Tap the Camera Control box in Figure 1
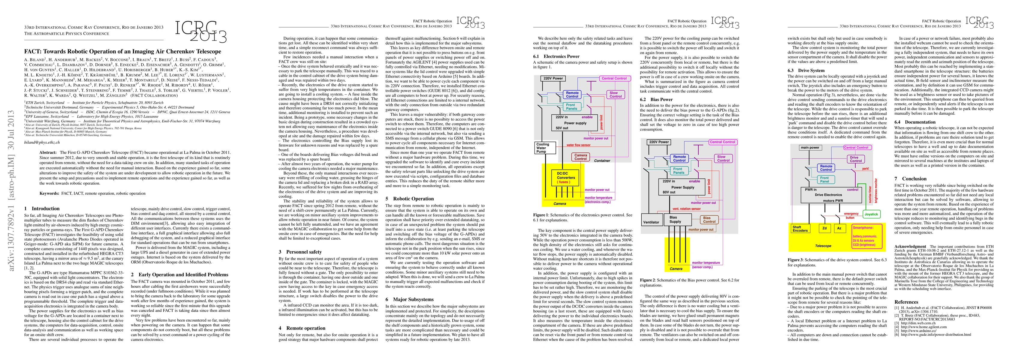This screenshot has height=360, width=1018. pos(580,157)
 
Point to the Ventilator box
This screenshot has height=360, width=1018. pos(651,222)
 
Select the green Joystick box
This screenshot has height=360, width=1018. pos(871,214)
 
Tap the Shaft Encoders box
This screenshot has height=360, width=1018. pos(800,229)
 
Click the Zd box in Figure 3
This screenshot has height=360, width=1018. pos(825,228)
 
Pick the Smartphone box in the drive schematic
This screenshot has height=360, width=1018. pos(867,236)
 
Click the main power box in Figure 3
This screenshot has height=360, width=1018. pos(810,147)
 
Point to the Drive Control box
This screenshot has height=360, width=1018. pos(856,159)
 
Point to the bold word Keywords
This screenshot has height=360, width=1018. pos(50,193)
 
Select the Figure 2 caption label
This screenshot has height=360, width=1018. pos(650,280)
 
